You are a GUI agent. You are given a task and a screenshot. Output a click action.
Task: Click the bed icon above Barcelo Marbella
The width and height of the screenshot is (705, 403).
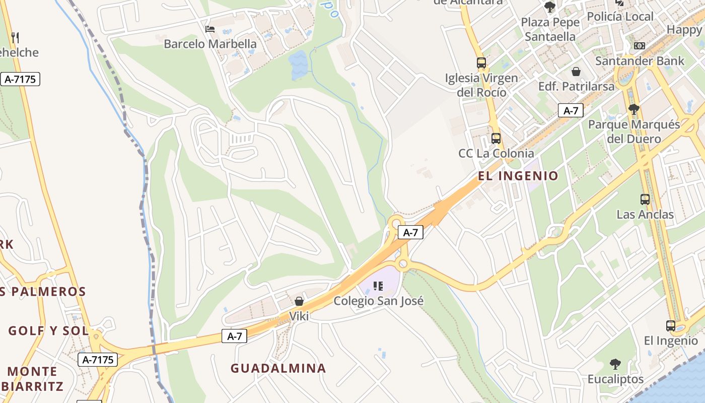[210, 29]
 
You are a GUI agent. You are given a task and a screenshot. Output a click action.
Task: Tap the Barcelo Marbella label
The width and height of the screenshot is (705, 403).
[210, 44]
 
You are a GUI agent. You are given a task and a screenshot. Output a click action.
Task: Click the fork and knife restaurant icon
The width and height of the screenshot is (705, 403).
[15, 37]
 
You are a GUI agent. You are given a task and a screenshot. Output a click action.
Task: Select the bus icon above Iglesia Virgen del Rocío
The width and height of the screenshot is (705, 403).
[481, 63]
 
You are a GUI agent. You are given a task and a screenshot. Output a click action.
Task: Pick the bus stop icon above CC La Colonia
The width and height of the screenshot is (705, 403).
[496, 139]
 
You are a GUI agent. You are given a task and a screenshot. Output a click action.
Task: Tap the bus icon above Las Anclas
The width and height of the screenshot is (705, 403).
[645, 199]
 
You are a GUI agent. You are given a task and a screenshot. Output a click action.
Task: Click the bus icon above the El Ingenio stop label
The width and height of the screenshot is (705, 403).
[671, 326]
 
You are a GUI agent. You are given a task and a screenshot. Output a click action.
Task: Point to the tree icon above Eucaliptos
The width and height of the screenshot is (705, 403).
[615, 364]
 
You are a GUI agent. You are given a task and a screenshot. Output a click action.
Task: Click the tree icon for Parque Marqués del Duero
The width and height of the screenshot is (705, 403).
[634, 109]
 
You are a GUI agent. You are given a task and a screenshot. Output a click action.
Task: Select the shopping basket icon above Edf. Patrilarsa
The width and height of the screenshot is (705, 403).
[576, 72]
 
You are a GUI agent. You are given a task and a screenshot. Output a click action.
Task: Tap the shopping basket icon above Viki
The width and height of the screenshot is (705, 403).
[299, 301]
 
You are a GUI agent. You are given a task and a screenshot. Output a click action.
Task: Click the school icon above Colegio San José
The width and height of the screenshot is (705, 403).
[378, 286]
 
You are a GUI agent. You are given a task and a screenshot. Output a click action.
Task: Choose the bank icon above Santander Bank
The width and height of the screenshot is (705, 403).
[640, 46]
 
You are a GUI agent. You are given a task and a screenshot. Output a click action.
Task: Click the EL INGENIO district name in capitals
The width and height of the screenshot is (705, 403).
[518, 176]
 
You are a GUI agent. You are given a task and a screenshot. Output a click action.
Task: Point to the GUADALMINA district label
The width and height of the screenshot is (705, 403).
[278, 368]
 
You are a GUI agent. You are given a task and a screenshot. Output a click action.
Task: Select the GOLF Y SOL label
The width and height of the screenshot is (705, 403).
[48, 331]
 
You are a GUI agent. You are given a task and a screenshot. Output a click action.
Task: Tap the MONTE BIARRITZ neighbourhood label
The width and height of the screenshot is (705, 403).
[33, 379]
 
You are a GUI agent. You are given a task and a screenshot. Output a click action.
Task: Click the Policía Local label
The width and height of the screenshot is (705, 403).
[620, 17]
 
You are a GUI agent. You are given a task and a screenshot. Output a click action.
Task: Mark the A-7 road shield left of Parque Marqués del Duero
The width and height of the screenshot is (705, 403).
[571, 111]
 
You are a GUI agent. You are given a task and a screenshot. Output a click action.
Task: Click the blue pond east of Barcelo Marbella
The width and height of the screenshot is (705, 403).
[298, 64]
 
